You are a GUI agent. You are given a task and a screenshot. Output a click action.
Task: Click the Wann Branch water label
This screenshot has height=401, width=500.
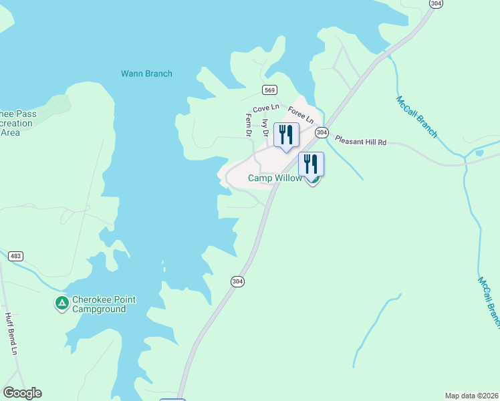[x=146, y=74]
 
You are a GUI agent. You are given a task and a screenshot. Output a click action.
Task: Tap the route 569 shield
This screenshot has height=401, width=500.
[x=270, y=90]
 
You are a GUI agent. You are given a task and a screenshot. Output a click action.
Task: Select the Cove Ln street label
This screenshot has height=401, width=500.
[x=265, y=109]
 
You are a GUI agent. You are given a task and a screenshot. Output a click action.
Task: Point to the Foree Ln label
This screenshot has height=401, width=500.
[x=301, y=116]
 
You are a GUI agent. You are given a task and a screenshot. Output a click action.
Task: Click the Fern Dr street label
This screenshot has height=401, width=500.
[x=249, y=125]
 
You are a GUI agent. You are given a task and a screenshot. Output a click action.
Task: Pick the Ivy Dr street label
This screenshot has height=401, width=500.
[x=265, y=128]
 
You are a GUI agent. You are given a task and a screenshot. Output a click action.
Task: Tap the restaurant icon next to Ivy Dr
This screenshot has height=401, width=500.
[x=286, y=134]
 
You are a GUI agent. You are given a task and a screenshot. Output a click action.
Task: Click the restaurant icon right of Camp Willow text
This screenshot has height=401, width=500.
[x=311, y=163]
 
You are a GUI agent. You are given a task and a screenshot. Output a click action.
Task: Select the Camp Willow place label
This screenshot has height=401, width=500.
[x=275, y=178]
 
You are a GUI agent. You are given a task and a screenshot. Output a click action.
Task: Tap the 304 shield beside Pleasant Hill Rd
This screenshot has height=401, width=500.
[x=322, y=132]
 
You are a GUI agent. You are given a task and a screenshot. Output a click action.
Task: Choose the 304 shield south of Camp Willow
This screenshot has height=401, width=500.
[x=237, y=281]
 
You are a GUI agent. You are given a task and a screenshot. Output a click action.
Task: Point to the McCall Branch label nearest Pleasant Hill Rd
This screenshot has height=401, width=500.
[x=416, y=117]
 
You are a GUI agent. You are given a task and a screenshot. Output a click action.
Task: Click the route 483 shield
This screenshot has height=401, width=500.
[x=15, y=256]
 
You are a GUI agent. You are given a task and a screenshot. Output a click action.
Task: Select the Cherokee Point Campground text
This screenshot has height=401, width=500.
[x=104, y=305]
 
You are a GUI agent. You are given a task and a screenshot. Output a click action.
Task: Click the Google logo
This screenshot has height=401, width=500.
[x=22, y=393]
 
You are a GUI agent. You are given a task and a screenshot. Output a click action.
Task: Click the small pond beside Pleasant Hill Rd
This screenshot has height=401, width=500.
[x=479, y=152]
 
